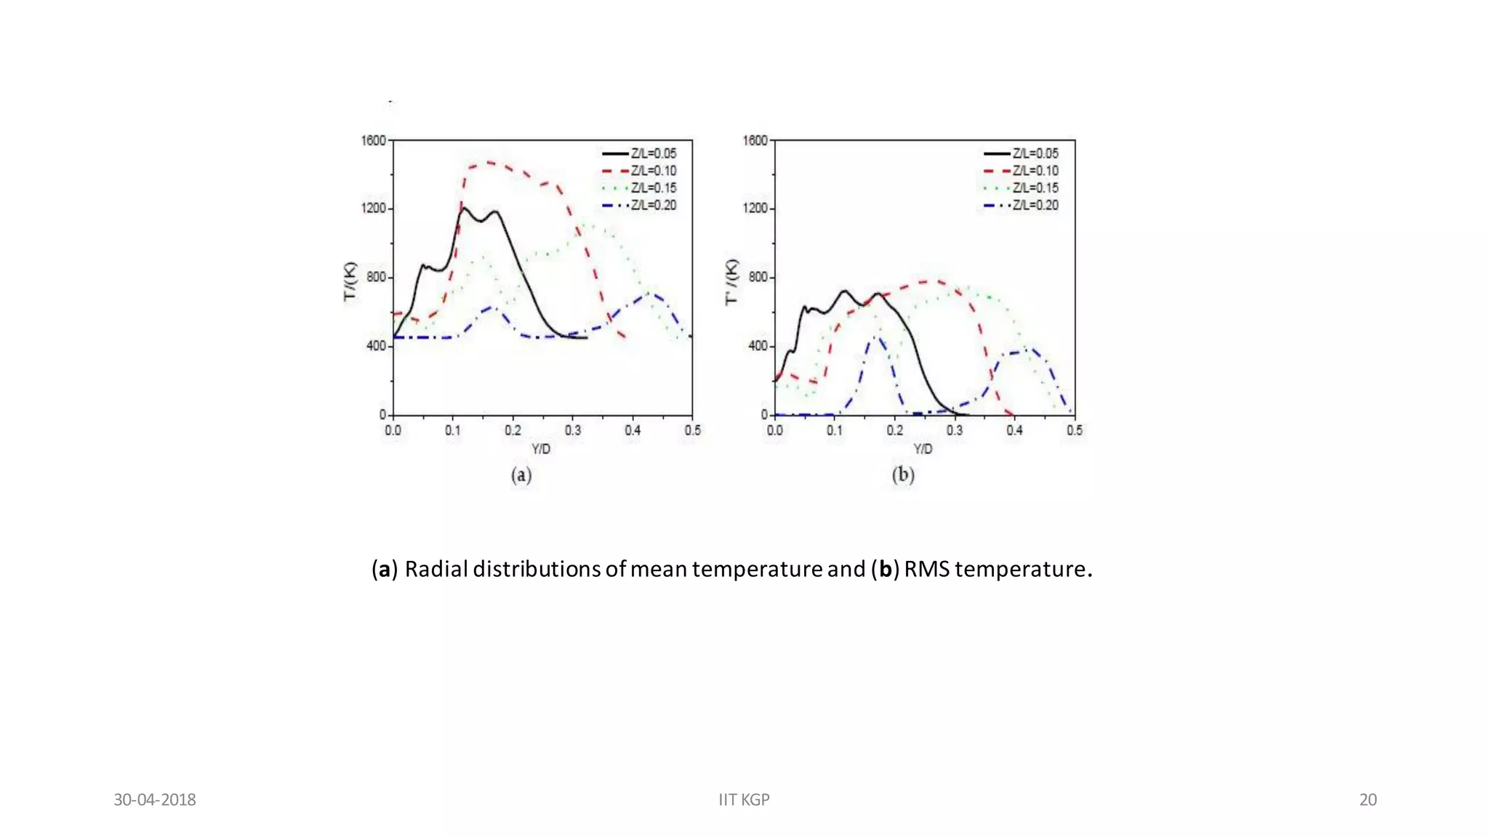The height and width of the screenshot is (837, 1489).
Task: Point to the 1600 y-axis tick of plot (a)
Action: point(374,140)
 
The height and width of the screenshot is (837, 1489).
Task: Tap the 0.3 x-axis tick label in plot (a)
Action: point(573,431)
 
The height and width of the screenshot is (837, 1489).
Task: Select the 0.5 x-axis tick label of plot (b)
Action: point(1074,431)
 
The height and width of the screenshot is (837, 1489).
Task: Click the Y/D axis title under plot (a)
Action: point(541,449)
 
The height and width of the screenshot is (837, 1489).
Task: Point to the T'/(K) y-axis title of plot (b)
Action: point(732,282)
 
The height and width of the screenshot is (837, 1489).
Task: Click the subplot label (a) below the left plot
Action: point(521,475)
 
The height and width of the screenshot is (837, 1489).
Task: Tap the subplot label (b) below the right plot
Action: point(903,475)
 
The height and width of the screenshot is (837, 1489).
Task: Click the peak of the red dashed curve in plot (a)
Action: point(489,163)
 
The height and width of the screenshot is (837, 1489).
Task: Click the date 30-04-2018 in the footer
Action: point(155,800)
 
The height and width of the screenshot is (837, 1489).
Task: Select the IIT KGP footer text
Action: point(744,800)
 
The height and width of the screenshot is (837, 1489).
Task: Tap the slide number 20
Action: point(1368,800)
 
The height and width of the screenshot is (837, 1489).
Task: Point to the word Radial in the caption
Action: point(436,569)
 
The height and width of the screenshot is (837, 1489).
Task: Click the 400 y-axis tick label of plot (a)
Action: point(377,346)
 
